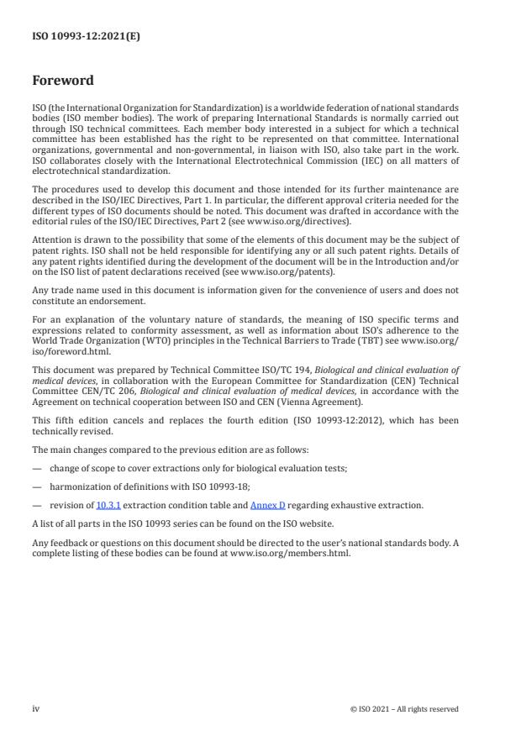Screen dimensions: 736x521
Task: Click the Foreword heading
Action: [x=63, y=81]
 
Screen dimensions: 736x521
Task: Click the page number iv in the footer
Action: [x=36, y=709]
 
